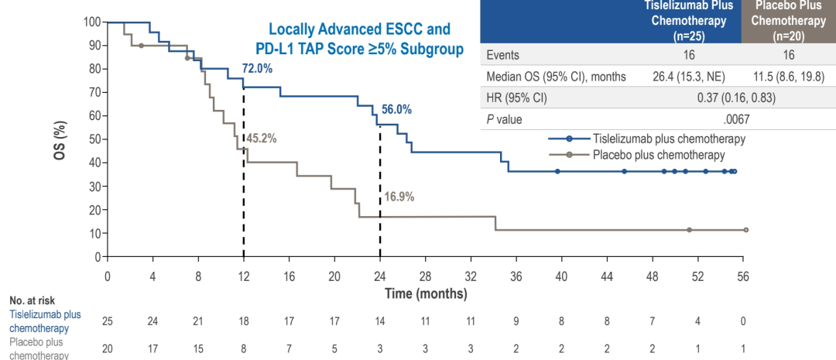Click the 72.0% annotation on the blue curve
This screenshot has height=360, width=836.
tap(258, 68)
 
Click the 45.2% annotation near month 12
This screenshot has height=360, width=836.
tap(262, 139)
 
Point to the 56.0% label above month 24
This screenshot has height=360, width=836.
tap(396, 109)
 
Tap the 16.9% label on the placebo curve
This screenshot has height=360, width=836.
tap(399, 197)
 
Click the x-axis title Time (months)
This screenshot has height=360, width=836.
tap(426, 293)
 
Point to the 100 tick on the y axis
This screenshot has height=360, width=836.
tap(91, 22)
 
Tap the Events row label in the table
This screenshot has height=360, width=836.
tap(502, 54)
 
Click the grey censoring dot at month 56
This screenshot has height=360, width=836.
tap(746, 230)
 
